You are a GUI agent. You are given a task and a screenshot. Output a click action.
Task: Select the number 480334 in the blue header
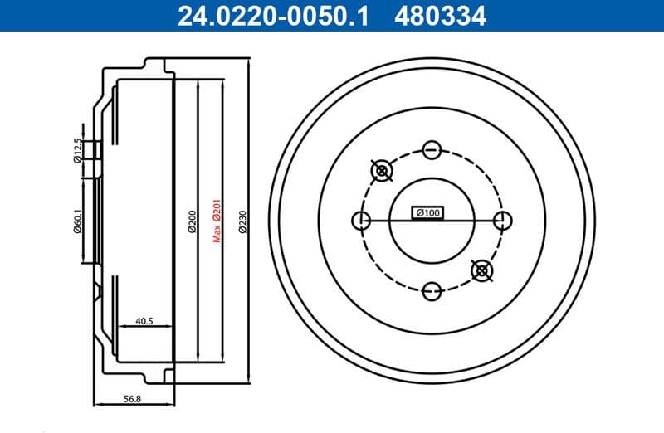442,15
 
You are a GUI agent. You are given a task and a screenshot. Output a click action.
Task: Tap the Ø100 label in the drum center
427,214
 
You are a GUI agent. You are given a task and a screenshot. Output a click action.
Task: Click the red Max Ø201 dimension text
216,220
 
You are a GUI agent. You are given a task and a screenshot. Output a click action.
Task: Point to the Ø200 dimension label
192,220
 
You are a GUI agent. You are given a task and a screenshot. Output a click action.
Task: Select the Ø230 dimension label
242,220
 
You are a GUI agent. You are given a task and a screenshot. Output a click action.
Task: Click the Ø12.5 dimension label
78,150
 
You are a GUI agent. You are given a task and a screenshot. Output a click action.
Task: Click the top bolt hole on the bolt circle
431,150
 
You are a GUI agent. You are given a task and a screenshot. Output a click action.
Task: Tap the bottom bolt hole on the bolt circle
431,290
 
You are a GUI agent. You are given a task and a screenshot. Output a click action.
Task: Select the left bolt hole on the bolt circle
361,221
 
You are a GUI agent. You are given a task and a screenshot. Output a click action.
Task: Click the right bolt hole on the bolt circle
501,221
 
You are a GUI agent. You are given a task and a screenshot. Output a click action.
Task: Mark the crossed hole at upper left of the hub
382,171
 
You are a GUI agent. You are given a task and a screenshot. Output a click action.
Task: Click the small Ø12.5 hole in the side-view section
96,150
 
